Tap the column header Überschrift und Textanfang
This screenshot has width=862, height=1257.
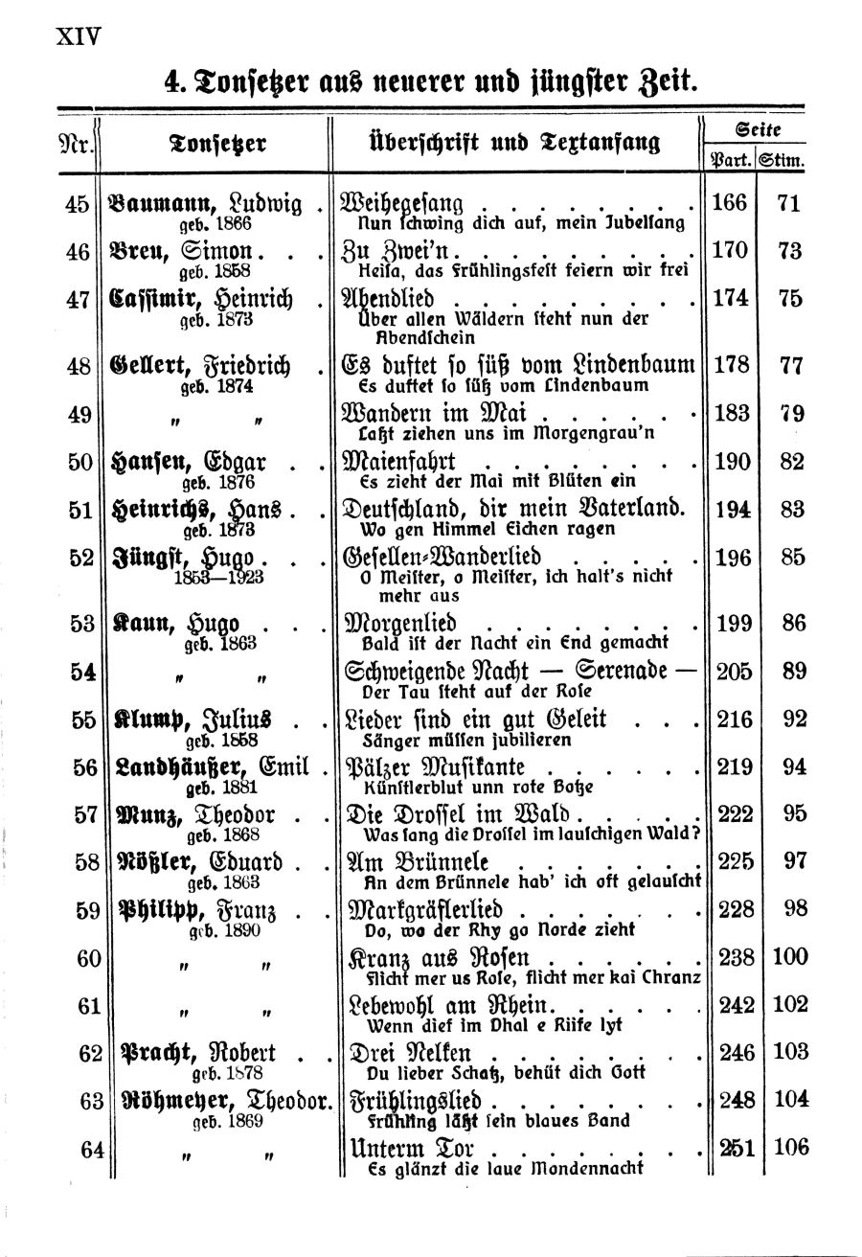point(501,144)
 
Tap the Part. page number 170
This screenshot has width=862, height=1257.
point(731,252)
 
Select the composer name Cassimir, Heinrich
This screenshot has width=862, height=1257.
point(206,298)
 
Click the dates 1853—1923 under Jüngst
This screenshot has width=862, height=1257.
point(215,577)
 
